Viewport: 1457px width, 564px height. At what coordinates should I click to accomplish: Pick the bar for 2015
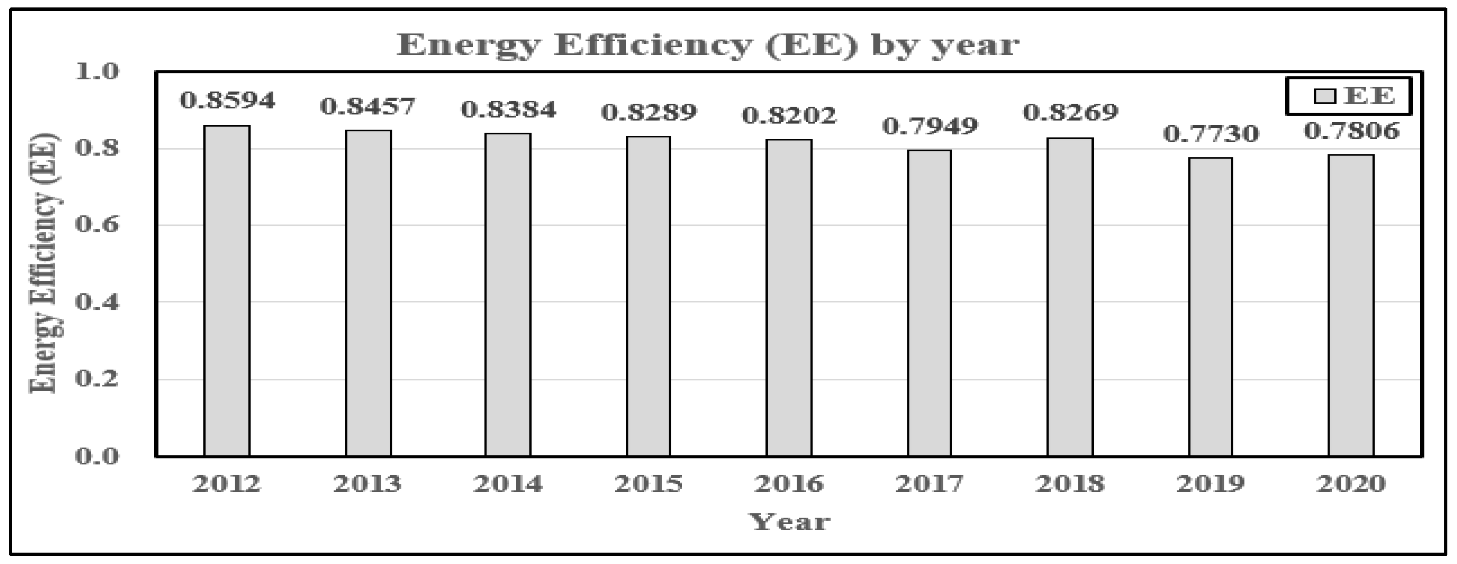(x=648, y=296)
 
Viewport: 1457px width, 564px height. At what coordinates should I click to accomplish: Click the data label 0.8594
(x=227, y=101)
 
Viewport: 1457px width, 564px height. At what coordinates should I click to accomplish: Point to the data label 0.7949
(x=930, y=126)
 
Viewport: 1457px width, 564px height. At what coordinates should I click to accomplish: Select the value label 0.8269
(x=1071, y=112)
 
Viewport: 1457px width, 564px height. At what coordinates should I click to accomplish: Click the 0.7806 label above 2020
(x=1351, y=131)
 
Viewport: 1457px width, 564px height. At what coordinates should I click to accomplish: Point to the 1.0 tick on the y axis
(x=98, y=72)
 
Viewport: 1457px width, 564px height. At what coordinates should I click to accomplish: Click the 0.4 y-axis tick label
(x=98, y=302)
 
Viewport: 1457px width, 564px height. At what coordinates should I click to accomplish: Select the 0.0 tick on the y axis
(x=98, y=455)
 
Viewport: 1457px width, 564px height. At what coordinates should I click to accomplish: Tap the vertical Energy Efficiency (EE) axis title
(x=45, y=263)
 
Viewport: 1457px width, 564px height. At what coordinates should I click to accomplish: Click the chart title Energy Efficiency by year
(x=708, y=45)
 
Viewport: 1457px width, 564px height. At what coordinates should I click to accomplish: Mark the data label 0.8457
(x=368, y=106)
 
